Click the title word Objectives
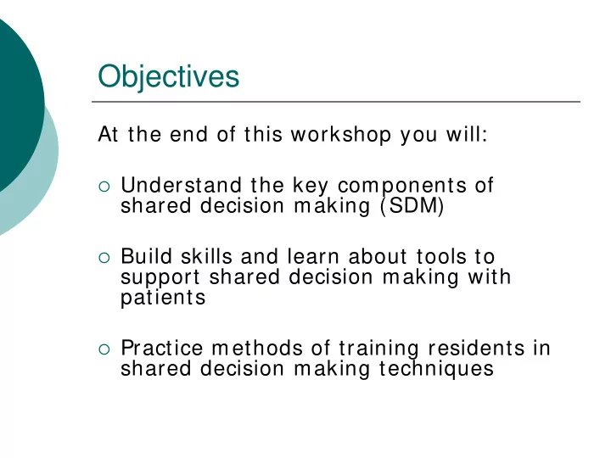(168, 77)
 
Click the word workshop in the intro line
(341, 135)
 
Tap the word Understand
(182, 185)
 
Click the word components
(402, 186)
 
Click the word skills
(206, 257)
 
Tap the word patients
(163, 299)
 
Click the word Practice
(162, 348)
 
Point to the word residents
(476, 348)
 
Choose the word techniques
(436, 369)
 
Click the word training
(378, 349)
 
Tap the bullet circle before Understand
(104, 187)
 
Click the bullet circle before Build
(104, 258)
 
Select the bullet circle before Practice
(104, 349)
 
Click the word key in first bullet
(311, 186)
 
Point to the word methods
(257, 348)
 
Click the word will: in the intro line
(467, 134)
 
